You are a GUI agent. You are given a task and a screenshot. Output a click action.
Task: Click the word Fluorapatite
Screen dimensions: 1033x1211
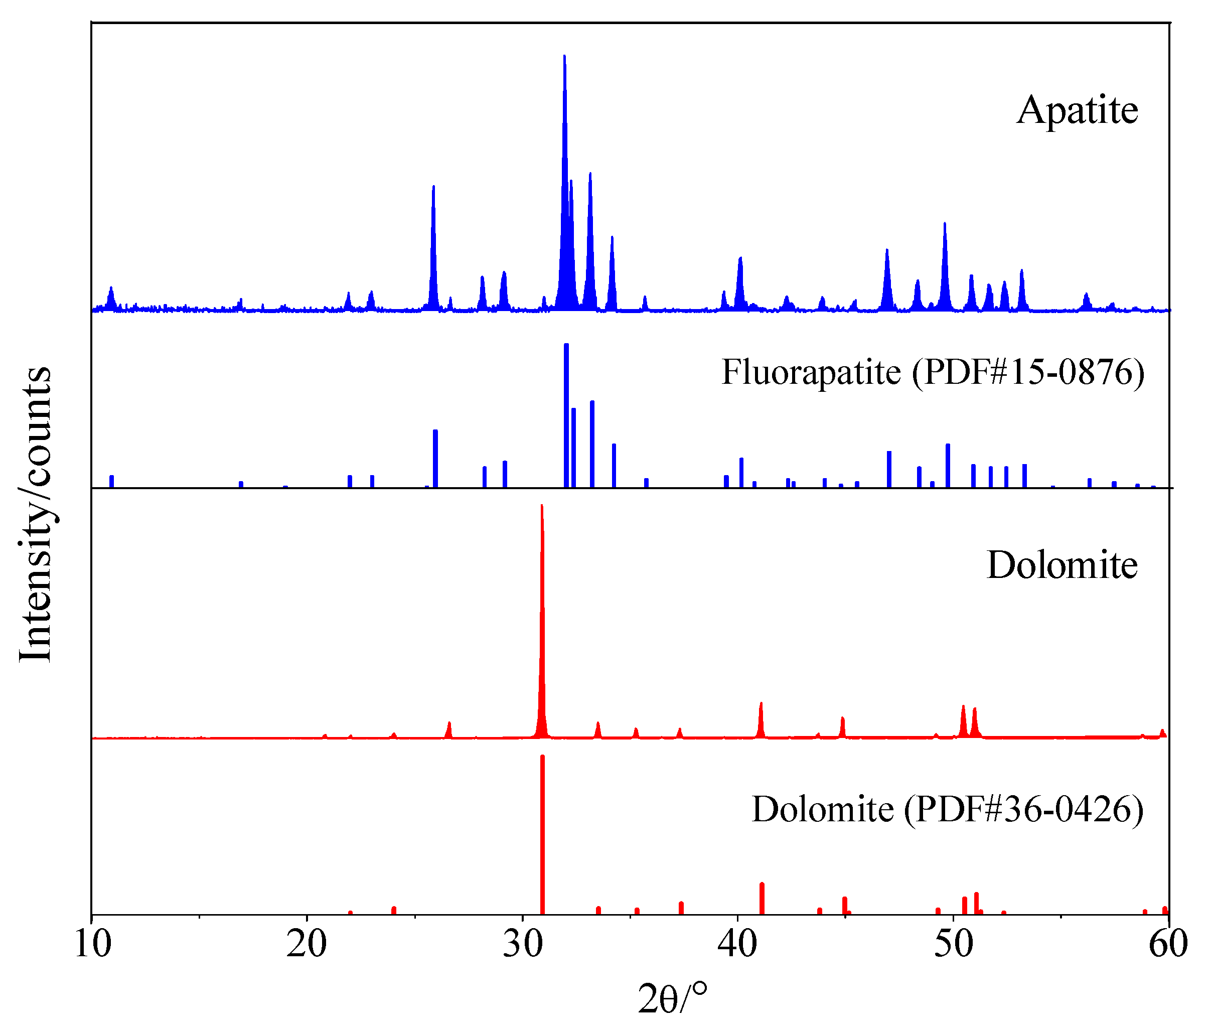811,372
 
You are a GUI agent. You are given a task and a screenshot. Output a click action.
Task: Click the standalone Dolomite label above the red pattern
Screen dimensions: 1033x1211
1062,565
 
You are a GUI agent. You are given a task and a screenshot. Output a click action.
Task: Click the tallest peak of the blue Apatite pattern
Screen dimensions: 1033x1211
564,57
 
